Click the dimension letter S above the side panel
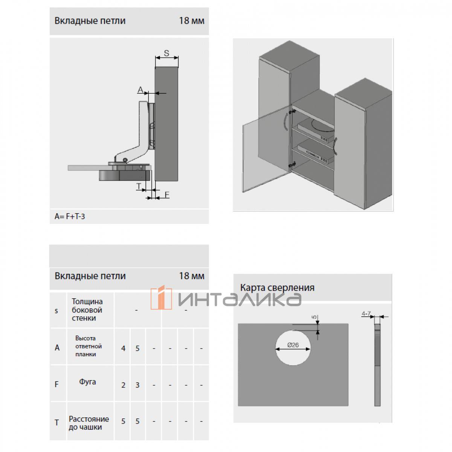(166, 53)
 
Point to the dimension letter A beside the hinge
(140, 90)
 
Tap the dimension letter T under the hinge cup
(139, 186)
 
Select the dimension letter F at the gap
(167, 195)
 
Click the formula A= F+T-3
(70, 216)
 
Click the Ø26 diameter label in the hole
(293, 345)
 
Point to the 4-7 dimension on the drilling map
(366, 314)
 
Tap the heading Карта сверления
(277, 287)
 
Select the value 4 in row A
(123, 348)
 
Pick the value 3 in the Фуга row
(137, 385)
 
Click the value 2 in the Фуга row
(123, 385)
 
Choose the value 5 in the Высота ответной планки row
(137, 348)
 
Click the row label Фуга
(87, 382)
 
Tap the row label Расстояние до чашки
(89, 423)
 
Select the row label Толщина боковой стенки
(87, 310)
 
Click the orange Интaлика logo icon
(161, 298)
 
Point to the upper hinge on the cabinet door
(292, 111)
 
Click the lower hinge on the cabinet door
(292, 164)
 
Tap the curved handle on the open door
(285, 122)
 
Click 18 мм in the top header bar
(192, 21)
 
